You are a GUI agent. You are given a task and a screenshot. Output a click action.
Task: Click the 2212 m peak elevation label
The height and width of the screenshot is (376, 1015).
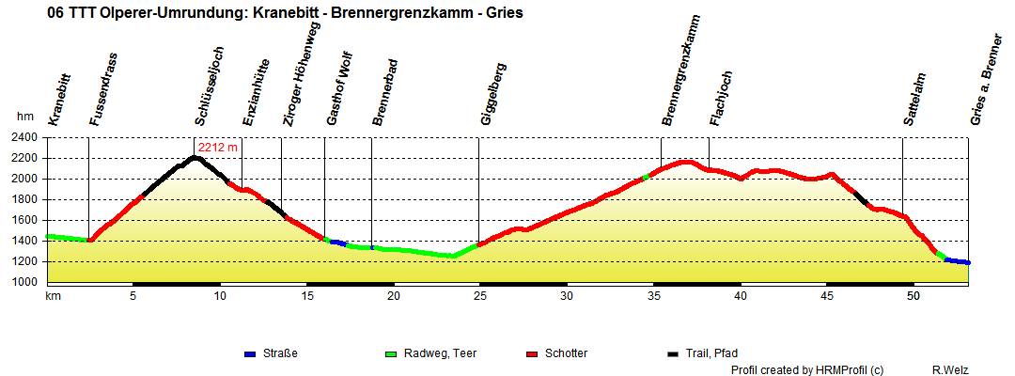[218, 147]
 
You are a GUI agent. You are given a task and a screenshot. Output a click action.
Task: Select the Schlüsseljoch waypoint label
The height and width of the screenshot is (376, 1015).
[210, 85]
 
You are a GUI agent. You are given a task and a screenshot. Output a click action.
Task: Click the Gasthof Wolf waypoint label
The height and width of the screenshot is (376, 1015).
[338, 95]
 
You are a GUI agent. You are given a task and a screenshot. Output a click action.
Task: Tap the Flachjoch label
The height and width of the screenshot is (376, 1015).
[722, 98]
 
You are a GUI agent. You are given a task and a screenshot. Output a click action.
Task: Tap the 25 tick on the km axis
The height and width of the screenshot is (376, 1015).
[480, 295]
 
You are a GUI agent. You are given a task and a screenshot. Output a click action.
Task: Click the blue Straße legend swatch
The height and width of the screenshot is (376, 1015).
[250, 354]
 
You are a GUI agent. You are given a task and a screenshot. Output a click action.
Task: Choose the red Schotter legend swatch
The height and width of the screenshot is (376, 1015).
[533, 354]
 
